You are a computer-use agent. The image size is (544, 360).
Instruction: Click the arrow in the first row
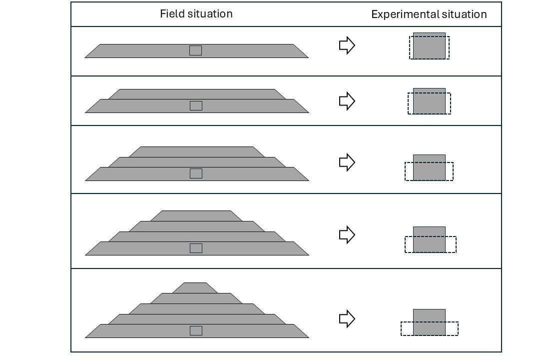coord(347,45)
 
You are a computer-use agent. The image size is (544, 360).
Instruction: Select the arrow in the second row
coord(347,101)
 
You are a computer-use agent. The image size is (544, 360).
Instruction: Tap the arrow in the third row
coord(347,162)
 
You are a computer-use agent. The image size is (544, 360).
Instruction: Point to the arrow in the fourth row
coord(347,234)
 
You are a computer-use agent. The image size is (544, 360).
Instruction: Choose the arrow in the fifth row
coord(347,318)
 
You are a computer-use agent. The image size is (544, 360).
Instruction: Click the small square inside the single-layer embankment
coord(196,50)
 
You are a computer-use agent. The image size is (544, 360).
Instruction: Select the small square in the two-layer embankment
coord(196,105)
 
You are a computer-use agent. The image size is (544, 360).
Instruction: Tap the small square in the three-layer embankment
coord(196,173)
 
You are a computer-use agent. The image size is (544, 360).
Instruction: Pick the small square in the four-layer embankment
coord(196,248)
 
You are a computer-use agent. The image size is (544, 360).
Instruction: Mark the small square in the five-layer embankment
coord(196,330)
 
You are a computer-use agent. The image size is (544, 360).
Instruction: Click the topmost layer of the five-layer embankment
coord(195,288)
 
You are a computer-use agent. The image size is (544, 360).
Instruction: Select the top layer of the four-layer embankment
coord(196,216)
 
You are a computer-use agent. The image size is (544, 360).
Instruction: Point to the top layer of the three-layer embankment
coord(196,152)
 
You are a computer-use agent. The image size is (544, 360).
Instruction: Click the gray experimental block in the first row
coord(429,45)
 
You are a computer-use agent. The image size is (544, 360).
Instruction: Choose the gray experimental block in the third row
coord(429,167)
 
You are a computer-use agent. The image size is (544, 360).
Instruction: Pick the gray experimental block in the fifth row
coord(429,322)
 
